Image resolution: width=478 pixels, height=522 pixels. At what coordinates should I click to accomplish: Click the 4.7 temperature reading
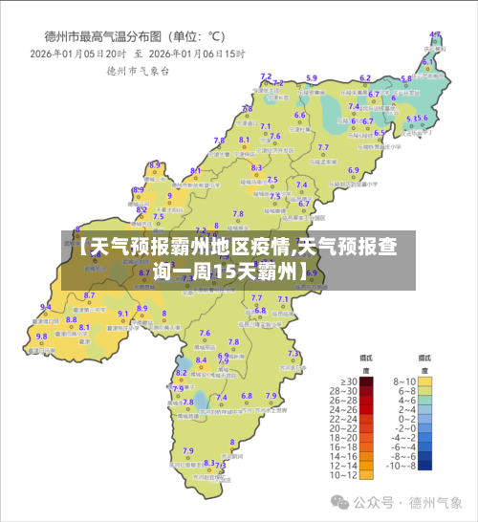435,34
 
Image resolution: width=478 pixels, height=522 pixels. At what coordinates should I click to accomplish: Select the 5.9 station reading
312,78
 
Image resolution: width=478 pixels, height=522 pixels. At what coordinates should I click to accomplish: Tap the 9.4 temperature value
45,307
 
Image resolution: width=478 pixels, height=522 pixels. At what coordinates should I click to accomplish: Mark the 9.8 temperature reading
41,337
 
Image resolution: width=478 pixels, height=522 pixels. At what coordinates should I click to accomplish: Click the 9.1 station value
122,314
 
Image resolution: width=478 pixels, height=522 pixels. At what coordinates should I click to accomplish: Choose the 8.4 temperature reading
201,360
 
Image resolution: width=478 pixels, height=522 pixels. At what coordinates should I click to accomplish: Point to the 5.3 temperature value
412,119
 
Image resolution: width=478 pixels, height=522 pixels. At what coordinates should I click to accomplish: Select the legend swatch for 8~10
424,381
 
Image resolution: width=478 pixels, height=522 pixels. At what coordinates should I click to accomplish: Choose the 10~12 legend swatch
366,474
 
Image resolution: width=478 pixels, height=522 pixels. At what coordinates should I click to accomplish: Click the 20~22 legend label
343,427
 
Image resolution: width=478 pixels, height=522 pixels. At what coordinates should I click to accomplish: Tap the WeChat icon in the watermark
340,501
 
